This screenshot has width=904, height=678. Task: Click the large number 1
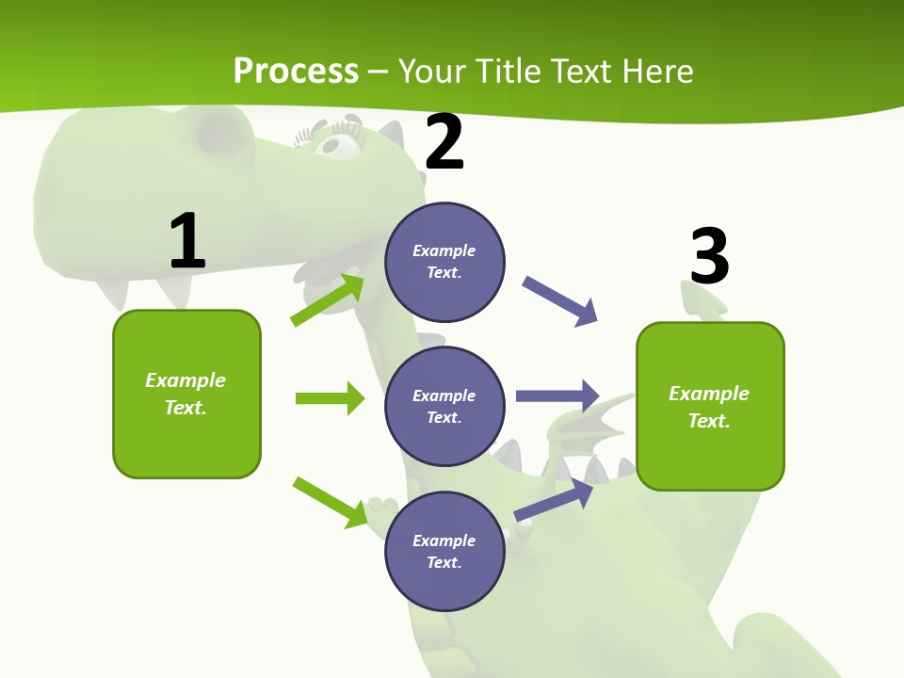tap(187, 242)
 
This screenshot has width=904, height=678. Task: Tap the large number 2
tap(444, 142)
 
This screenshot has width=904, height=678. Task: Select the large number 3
tap(709, 257)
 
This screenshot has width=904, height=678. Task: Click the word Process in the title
tap(296, 71)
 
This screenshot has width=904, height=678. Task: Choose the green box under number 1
tap(186, 394)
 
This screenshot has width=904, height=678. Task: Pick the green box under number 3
tap(710, 406)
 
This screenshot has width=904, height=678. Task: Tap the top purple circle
tap(444, 262)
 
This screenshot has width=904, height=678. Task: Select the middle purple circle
tap(444, 406)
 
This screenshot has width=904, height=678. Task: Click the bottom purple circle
tap(444, 551)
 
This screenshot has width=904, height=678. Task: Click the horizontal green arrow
tap(330, 398)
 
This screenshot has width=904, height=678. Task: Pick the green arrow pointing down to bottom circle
tap(331, 502)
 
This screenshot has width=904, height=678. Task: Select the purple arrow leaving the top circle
tap(559, 300)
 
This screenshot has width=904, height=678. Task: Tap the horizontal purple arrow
tap(557, 396)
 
